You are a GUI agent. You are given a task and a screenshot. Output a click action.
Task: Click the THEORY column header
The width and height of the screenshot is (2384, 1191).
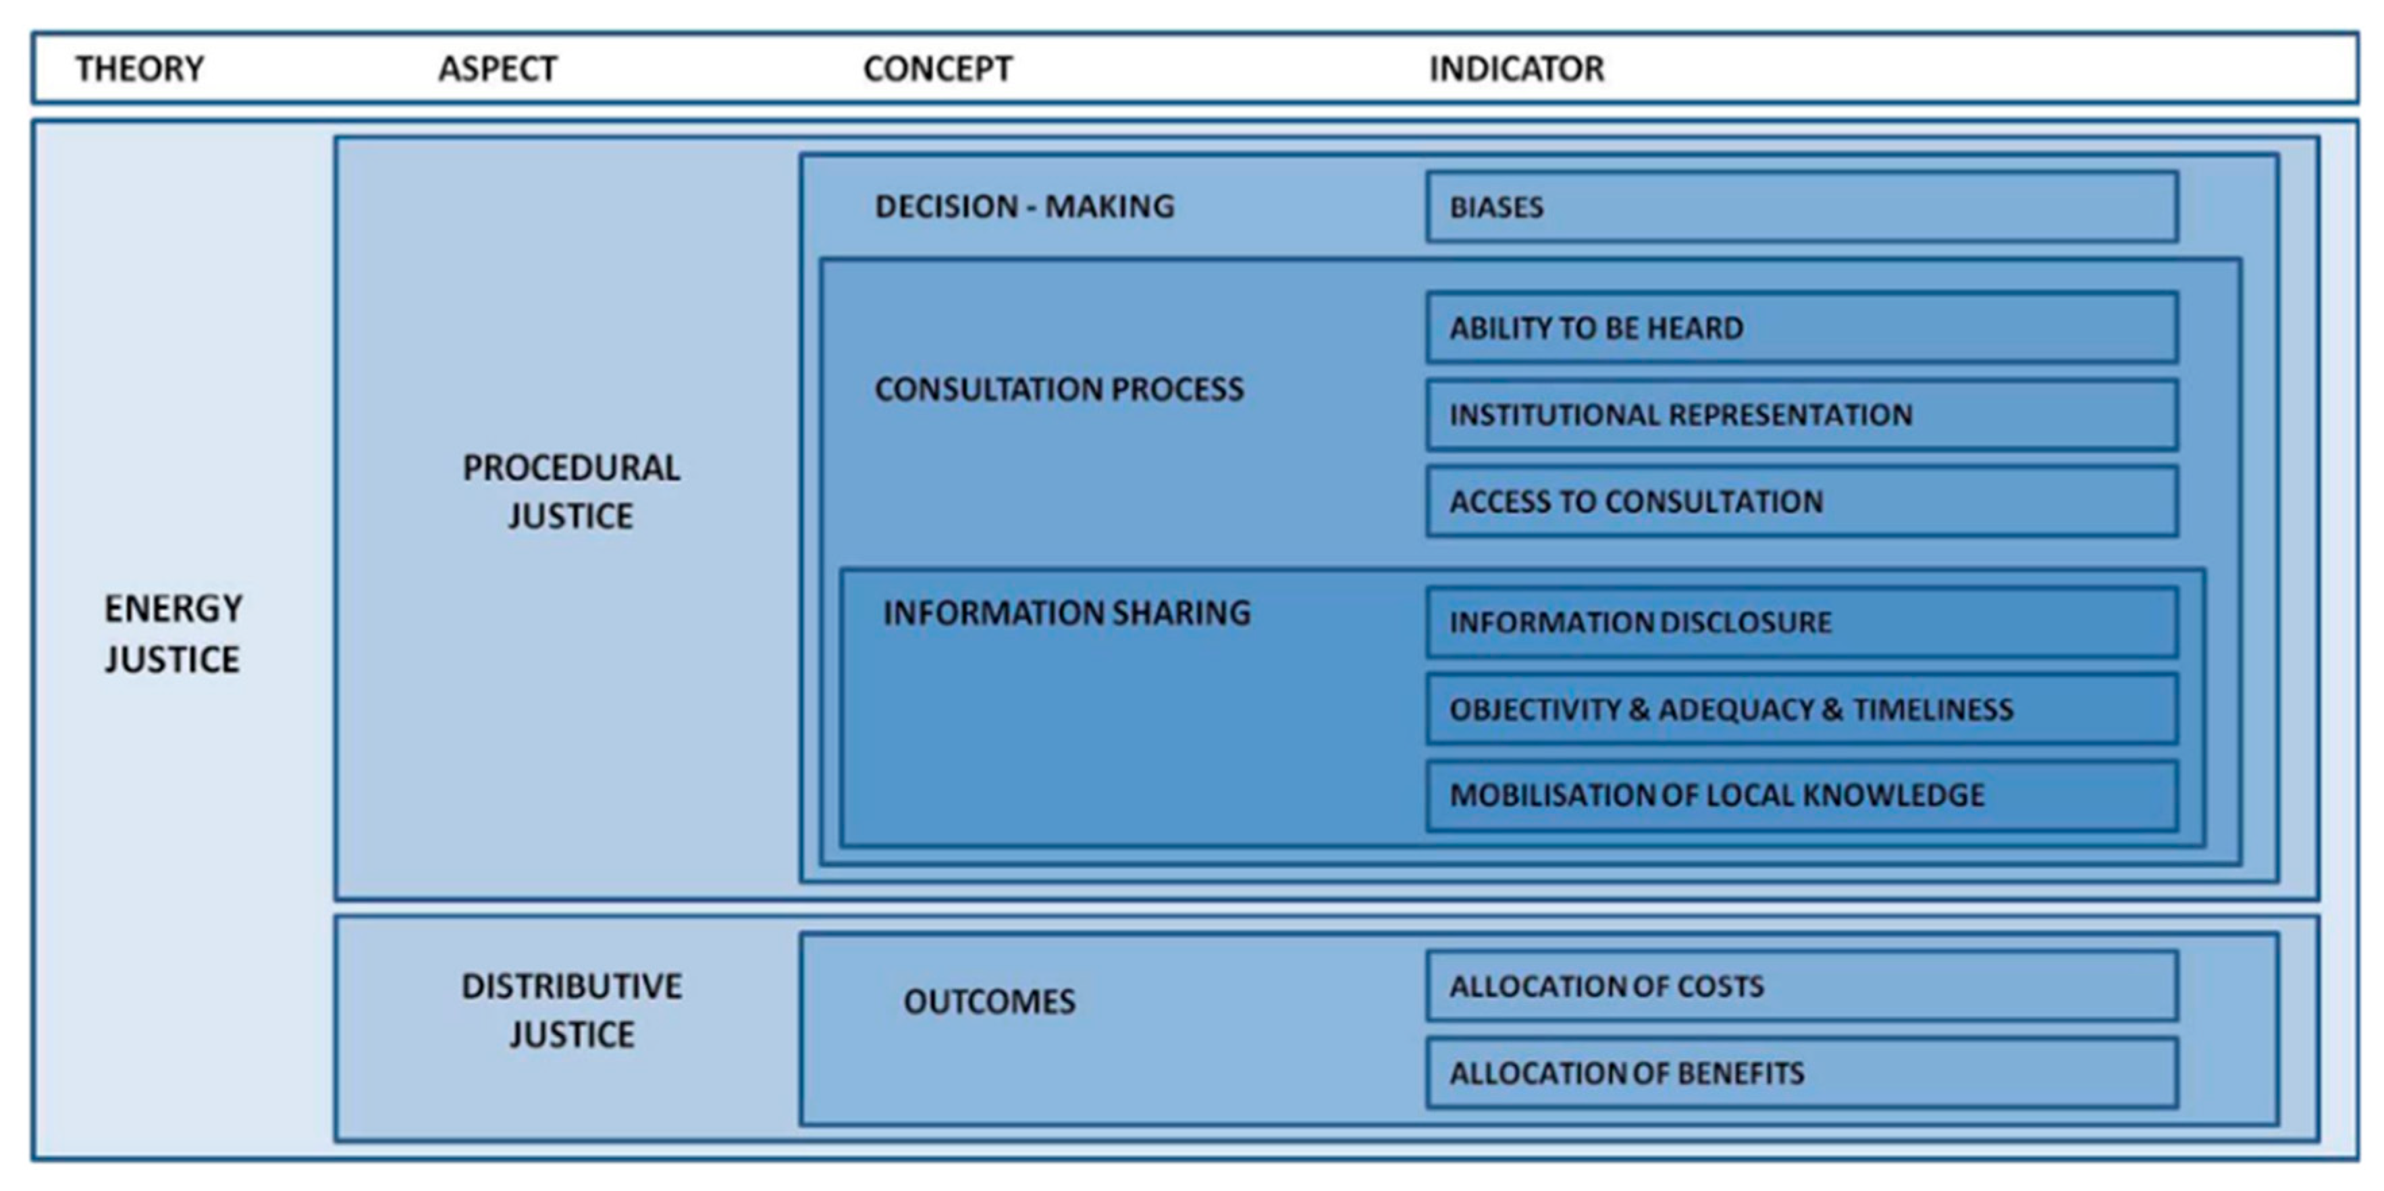139,68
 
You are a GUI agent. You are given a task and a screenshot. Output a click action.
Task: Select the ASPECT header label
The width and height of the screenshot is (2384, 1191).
497,68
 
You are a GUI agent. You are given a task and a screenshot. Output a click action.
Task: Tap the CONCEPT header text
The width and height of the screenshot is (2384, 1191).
938,68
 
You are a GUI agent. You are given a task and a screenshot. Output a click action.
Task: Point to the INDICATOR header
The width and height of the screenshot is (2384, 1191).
1516,68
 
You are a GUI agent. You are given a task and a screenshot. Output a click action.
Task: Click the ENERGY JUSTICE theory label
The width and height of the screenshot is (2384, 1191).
173,634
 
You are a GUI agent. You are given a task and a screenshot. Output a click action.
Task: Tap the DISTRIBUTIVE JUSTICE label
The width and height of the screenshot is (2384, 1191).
571,1009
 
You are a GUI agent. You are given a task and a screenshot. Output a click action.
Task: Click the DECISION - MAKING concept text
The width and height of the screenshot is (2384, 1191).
1024,205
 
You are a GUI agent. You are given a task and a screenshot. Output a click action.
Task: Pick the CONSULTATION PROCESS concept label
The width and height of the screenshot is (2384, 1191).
1059,389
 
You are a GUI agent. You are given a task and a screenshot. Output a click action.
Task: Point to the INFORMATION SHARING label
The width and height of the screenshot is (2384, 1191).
1066,612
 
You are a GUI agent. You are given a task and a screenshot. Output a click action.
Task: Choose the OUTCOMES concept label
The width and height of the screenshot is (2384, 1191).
989,1001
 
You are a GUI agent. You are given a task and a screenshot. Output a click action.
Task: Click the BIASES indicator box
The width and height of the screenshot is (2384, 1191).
1801,207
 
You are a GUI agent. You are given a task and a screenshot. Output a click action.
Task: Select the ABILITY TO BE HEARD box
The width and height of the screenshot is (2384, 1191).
1801,327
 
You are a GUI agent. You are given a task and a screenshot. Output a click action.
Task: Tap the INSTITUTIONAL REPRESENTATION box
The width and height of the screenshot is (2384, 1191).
1801,415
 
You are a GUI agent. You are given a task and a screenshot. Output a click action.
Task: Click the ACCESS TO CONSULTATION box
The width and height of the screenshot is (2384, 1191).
1801,502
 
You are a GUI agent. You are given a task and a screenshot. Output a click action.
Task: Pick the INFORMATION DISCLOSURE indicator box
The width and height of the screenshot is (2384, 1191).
1801,622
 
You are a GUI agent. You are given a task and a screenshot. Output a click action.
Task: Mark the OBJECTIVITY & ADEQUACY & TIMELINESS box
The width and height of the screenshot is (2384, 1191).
1801,709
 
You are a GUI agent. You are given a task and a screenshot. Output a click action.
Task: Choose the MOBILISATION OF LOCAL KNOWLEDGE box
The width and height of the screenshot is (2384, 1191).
1801,795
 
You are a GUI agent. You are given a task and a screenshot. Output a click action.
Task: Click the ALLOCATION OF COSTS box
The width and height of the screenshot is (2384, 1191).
1801,986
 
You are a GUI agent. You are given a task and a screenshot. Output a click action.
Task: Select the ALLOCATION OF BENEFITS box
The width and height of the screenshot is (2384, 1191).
1801,1073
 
